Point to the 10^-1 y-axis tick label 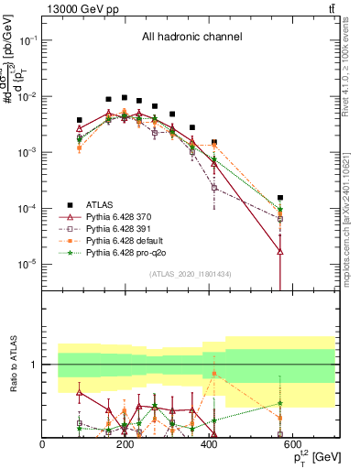click(26, 40)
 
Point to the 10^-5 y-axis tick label click(26, 264)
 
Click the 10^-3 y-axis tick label click(26, 152)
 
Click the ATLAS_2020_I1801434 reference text click(190, 275)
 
